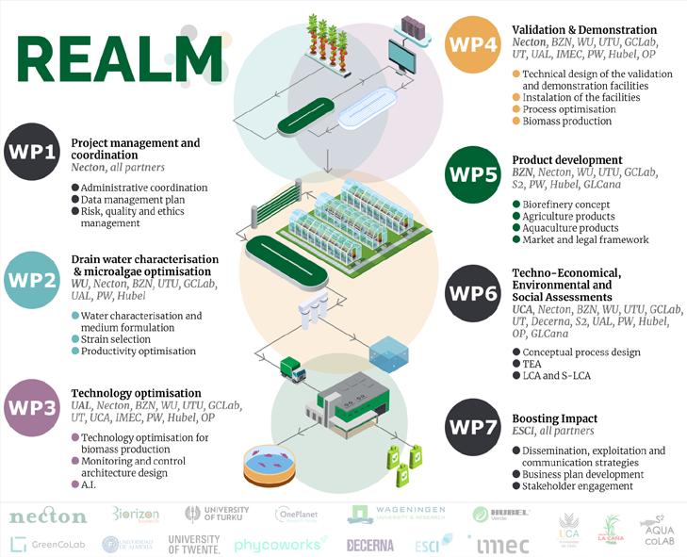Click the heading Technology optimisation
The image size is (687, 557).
coord(136,393)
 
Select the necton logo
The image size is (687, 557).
coord(48,516)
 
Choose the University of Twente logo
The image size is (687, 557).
coord(193,544)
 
